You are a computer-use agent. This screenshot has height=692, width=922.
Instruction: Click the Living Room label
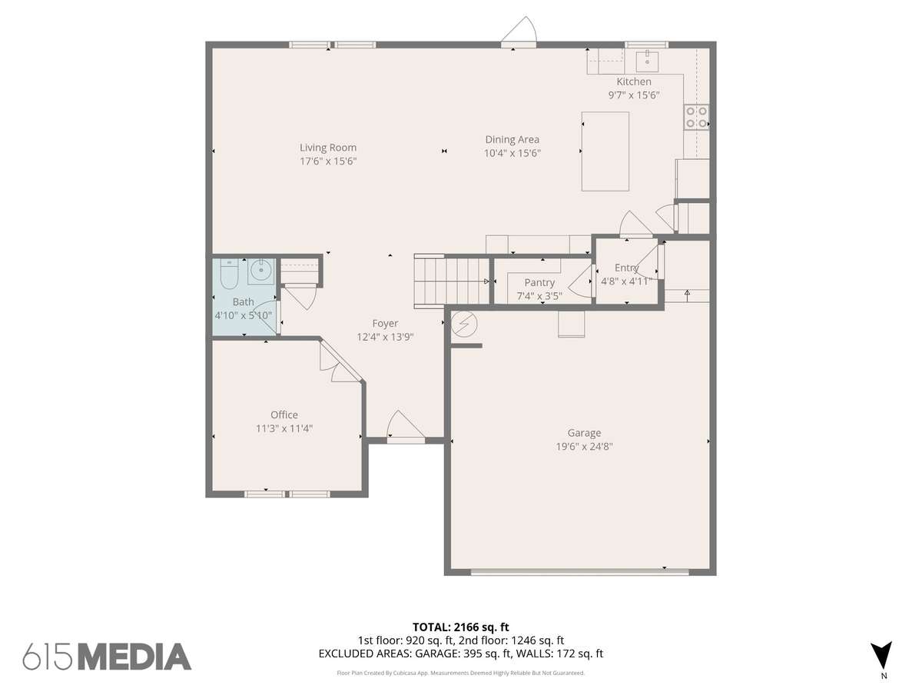pos(327,148)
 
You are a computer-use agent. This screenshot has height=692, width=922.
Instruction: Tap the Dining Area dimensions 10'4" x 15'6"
pos(512,153)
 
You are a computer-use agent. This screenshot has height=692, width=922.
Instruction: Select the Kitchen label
pos(634,82)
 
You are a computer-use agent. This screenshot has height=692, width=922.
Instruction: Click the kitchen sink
pos(647,61)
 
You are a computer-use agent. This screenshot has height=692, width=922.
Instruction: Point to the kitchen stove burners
pos(696,117)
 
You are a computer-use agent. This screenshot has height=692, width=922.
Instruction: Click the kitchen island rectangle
pos(605,151)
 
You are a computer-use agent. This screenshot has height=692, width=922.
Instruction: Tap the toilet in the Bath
pos(229,274)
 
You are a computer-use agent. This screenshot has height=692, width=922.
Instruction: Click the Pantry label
pos(539,283)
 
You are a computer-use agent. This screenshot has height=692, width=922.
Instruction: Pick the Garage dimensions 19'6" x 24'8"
pos(584,446)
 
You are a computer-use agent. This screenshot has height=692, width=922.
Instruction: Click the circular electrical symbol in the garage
pos(464,324)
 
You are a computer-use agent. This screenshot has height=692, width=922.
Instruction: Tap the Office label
pos(284,414)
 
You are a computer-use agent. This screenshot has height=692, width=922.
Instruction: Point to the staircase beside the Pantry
pos(452,281)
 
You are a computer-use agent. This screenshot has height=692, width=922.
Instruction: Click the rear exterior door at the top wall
pos(519,31)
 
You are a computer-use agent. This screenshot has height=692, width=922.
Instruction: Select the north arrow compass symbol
pos(881,657)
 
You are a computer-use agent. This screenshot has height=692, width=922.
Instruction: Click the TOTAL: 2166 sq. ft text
pos(461,627)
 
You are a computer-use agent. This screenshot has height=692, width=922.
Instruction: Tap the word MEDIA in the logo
pos(134,657)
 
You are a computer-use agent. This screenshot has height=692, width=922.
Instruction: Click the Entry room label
pos(627,268)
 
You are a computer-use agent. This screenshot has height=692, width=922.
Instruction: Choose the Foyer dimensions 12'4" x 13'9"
pos(385,337)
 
